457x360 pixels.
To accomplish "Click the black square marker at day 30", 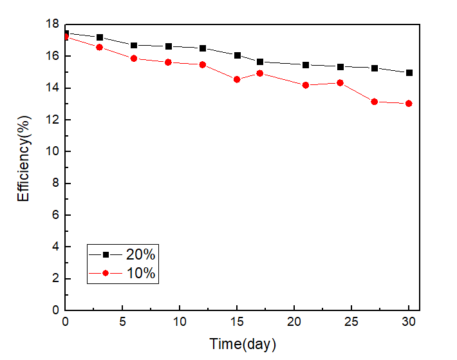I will coord(409,73).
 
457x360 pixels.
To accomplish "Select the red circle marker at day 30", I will coord(409,104).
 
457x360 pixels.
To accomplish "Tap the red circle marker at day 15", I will coord(237,79).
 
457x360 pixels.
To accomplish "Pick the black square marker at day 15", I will coord(237,55).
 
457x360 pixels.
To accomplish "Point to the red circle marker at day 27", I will coord(375,102).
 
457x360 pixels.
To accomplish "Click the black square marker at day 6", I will coord(134,45).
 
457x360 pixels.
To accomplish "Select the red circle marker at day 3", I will coord(100,47).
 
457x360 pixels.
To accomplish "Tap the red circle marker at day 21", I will coord(306,85).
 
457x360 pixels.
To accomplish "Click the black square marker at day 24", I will coord(340,66).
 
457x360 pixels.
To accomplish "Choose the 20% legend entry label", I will coord(140,254).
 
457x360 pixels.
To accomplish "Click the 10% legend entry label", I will coord(140,273).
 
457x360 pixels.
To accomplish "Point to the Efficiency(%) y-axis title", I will coord(24,167).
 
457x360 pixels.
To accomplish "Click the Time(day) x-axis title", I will coord(243,345).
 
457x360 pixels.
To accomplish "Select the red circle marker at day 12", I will coord(203,64).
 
